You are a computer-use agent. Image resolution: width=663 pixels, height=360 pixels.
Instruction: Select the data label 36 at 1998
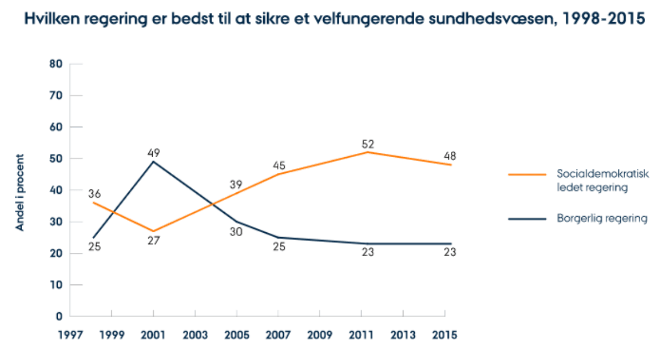point(94,194)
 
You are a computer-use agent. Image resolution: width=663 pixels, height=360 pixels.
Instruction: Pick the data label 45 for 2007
point(279,165)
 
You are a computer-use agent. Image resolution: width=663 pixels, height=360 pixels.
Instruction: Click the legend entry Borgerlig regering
point(602,218)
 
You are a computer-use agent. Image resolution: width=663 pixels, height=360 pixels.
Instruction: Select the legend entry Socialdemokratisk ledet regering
point(602,181)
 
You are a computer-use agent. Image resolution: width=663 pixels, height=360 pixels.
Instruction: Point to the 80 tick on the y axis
point(56,64)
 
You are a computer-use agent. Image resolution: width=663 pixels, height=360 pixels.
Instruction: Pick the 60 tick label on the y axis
point(56,127)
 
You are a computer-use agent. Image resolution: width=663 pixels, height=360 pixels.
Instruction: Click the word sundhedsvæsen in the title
point(499,19)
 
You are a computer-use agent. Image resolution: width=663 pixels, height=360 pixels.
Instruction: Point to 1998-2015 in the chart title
point(603,19)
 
